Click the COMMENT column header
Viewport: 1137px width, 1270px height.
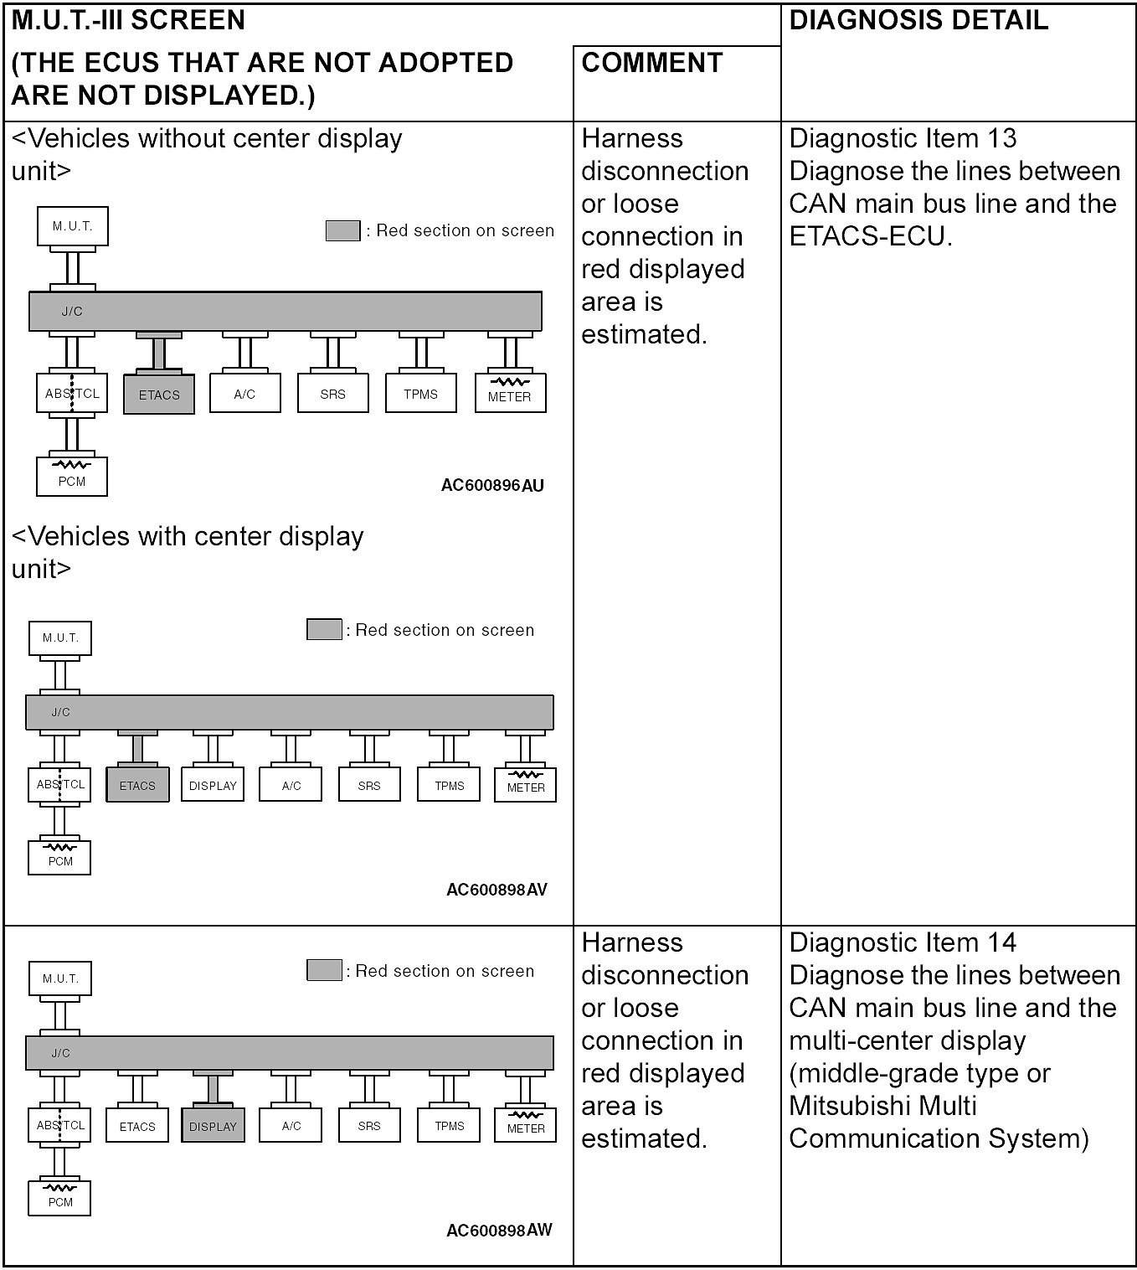(651, 63)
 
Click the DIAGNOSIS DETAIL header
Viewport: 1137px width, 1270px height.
(918, 20)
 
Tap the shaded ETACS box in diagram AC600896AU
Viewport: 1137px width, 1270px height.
(159, 395)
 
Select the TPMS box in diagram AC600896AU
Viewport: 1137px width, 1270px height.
(420, 394)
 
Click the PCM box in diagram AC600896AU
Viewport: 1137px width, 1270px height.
(72, 477)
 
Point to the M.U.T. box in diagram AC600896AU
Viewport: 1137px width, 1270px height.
(73, 226)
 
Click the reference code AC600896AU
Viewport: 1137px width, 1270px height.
(492, 486)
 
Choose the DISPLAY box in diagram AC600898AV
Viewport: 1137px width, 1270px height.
(213, 786)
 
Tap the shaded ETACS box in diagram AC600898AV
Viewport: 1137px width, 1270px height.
(137, 786)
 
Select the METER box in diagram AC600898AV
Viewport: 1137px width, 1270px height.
(526, 786)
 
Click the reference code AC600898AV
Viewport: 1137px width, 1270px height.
(496, 890)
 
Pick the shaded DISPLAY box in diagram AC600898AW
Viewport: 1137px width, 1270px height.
(213, 1127)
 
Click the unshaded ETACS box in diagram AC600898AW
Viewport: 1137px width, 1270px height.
(137, 1127)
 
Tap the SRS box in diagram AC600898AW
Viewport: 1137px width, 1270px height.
(369, 1126)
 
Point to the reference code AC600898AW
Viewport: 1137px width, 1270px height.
(499, 1231)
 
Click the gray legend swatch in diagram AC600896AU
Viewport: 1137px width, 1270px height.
(342, 230)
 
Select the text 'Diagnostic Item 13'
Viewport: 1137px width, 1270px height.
(903, 138)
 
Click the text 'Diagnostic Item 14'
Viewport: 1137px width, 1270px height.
(903, 942)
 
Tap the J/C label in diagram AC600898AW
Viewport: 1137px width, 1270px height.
(60, 1053)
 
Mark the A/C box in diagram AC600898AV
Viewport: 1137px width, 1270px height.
(291, 786)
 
